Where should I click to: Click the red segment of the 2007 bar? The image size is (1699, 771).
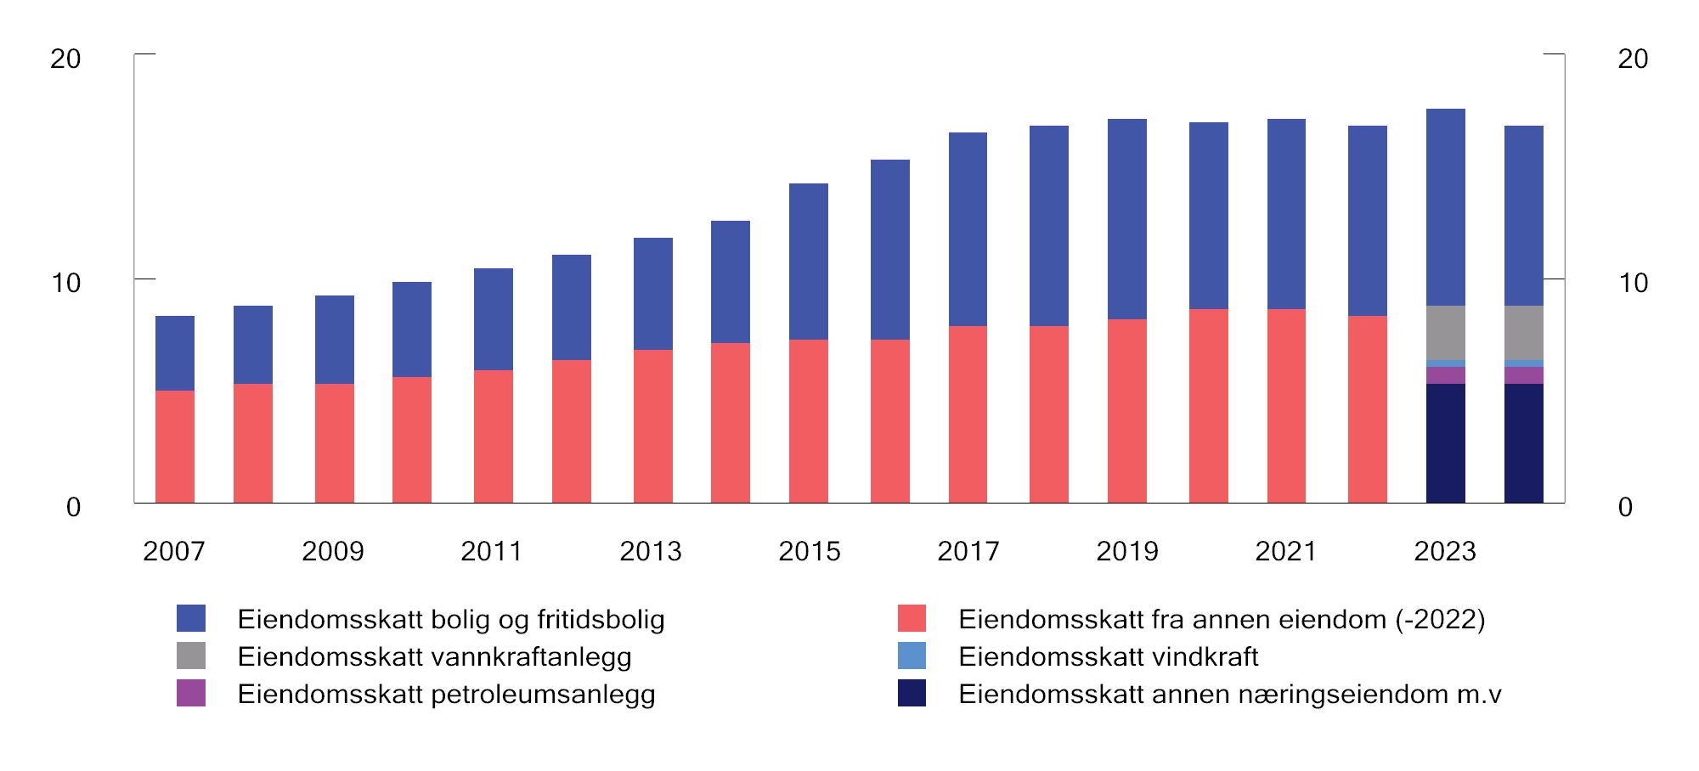click(175, 447)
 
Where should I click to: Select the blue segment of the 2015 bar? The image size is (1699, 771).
click(809, 262)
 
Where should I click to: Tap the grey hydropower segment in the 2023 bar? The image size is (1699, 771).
click(1445, 333)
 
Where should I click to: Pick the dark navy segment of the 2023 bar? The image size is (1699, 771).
click(1445, 443)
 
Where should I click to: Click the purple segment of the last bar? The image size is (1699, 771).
click(1523, 375)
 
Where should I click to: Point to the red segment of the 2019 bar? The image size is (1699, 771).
click(1127, 411)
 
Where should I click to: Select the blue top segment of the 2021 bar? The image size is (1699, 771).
click(1286, 214)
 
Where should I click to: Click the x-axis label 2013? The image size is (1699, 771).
click(650, 552)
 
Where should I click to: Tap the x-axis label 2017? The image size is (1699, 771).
click(968, 552)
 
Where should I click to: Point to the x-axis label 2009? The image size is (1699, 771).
click(332, 552)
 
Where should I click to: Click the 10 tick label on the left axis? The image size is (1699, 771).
click(65, 283)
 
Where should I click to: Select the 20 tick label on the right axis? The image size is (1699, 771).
click(1633, 59)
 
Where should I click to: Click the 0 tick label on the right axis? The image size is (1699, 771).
click(1625, 508)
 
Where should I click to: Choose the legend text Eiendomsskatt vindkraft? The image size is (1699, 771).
click(1108, 656)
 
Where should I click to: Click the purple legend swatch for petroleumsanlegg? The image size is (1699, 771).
click(191, 693)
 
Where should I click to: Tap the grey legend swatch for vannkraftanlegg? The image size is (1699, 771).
click(191, 656)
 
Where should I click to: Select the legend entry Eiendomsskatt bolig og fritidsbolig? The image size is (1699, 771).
click(450, 619)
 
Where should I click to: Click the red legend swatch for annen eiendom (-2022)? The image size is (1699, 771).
click(912, 618)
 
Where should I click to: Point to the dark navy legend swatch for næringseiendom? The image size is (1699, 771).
click(912, 693)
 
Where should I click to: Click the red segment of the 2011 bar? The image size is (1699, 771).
click(493, 436)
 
